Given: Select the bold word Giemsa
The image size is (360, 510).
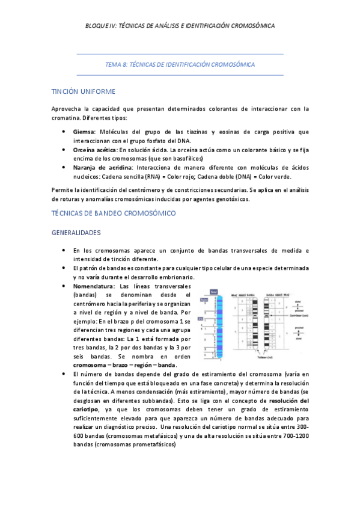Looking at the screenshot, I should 84,132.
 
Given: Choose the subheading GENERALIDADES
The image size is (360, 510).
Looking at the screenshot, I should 76,232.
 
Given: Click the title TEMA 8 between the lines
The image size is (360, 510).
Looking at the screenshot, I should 180,64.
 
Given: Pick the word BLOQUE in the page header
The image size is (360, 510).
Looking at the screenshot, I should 97,26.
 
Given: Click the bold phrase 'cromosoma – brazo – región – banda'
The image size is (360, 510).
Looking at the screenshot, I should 124,365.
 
